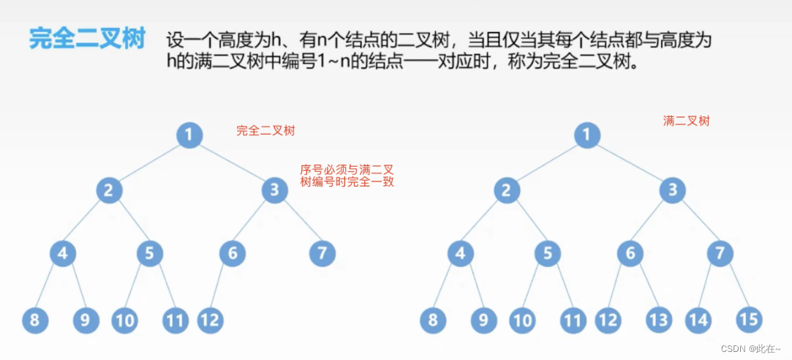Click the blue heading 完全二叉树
click(x=87, y=39)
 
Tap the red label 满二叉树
click(x=686, y=121)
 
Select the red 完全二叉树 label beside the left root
click(x=265, y=131)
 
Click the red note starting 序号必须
click(x=347, y=176)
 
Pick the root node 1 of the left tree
click(x=189, y=135)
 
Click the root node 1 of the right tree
click(x=587, y=135)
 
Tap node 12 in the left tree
click(x=210, y=320)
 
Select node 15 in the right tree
click(x=749, y=320)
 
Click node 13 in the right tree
click(x=658, y=320)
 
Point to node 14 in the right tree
click(x=698, y=320)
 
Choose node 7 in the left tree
click(x=322, y=253)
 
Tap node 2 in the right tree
click(x=506, y=191)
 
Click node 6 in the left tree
click(x=233, y=253)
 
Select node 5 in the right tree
click(x=547, y=253)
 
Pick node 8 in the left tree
click(x=34, y=320)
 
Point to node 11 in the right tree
click(x=574, y=320)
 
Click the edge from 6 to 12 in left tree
click(x=222, y=286)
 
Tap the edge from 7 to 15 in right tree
click(x=735, y=286)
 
